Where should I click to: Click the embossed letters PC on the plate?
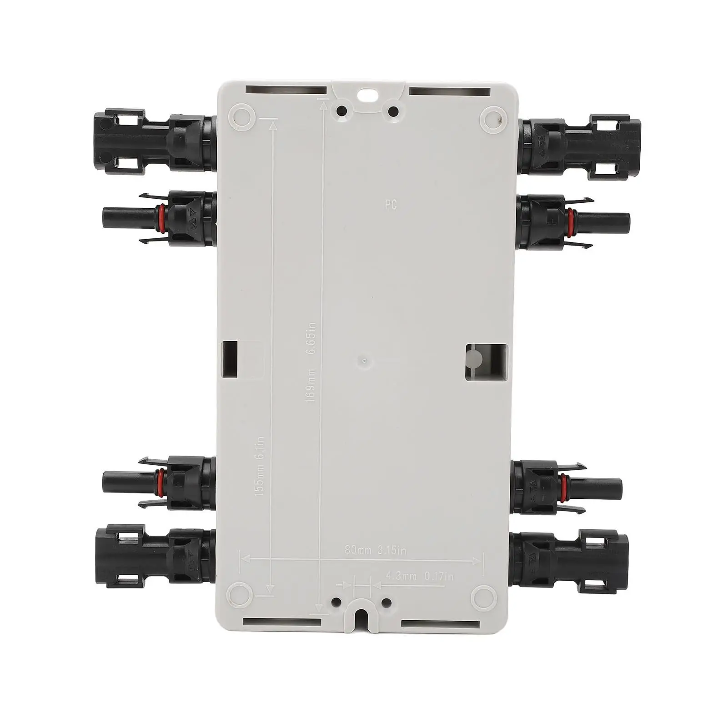pos(391,205)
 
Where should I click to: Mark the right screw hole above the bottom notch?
pos(387,603)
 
